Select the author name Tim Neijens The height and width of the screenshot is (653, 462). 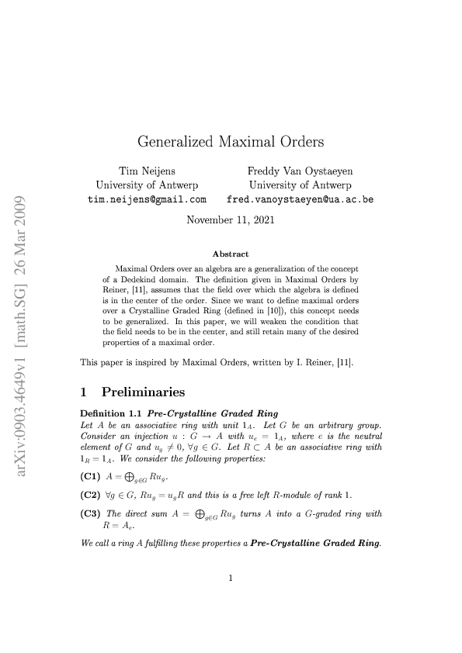(146, 171)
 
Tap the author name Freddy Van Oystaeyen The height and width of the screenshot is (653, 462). (300, 171)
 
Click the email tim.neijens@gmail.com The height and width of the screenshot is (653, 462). (146, 199)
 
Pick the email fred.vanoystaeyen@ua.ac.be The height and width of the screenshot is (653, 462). (300, 199)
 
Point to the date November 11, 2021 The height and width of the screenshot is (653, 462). (231, 219)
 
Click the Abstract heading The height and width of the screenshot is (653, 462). (231, 254)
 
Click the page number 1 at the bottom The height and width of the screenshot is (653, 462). (231, 599)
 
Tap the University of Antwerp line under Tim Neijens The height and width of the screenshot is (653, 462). (146, 185)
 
